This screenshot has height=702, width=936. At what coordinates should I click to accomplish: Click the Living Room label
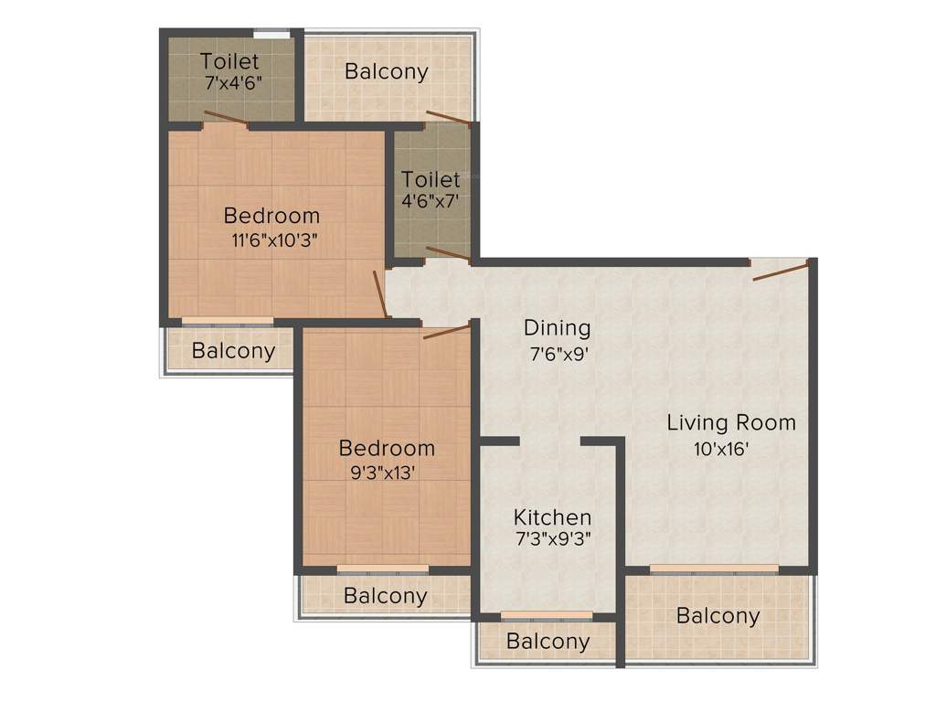pos(730,423)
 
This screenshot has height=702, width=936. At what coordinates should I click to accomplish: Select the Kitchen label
pos(551,517)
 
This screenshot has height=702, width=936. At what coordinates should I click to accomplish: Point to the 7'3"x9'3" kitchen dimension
pos(551,539)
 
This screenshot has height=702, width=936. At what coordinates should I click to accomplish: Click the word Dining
pos(557,327)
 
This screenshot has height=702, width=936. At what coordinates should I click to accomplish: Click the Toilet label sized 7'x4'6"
pos(229,62)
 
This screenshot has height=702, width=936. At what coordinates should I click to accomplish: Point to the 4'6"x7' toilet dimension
pos(431,200)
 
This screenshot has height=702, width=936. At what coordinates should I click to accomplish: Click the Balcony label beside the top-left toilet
pos(386,72)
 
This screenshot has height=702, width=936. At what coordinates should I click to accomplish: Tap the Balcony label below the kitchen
pos(548,642)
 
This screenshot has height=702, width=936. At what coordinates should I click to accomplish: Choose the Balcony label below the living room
pos(718,616)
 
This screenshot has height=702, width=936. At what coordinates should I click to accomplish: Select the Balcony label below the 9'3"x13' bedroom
pos(385,597)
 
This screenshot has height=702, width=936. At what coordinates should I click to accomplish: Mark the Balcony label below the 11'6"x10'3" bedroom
pos(234,351)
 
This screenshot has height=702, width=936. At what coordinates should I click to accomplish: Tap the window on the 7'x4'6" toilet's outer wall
pos(271,35)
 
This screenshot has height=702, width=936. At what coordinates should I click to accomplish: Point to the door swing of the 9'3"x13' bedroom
pos(446,331)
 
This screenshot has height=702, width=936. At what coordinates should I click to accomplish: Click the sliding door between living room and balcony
pos(714,569)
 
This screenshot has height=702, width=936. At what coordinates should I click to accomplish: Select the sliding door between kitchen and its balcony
pos(547,615)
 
